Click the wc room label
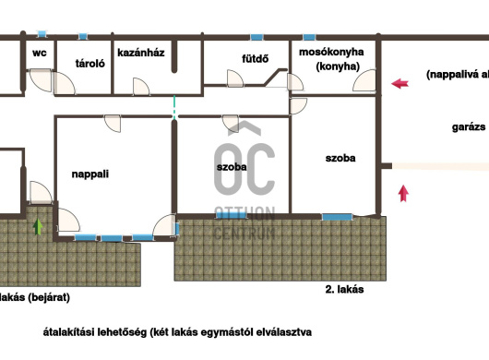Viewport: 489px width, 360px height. [x=40, y=53]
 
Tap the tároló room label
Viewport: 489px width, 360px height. [x=89, y=64]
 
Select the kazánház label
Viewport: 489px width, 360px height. [x=141, y=53]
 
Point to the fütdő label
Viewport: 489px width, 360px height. [x=255, y=59]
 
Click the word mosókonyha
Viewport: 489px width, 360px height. [x=331, y=52]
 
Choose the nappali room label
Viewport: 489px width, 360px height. [x=90, y=174]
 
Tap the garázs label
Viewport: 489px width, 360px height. [x=469, y=127]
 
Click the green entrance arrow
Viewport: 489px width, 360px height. [x=38, y=226]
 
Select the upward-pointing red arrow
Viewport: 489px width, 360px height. [x=403, y=193]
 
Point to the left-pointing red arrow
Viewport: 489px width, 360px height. [x=400, y=84]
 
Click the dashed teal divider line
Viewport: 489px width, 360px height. [x=174, y=107]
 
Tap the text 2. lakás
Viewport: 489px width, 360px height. [x=344, y=290]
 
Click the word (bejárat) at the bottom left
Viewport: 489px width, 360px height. [x=49, y=297]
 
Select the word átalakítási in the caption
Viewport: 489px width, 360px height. [x=68, y=332]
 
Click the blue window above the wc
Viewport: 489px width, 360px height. [x=42, y=33]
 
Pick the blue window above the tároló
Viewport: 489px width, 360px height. [x=82, y=36]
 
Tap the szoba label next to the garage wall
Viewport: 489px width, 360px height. [x=340, y=158]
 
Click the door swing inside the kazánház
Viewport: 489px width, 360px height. [x=141, y=86]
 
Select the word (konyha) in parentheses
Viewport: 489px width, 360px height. [x=338, y=66]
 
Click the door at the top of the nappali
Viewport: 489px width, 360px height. [x=113, y=124]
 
